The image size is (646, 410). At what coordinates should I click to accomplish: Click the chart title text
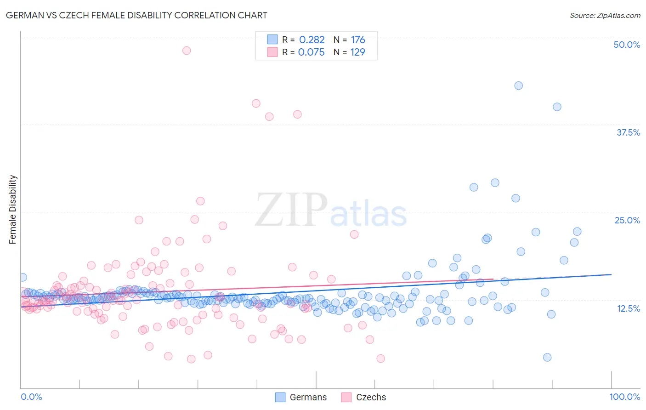pyautogui.click(x=136, y=15)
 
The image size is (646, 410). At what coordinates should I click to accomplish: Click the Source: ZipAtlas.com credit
pyautogui.click(x=605, y=15)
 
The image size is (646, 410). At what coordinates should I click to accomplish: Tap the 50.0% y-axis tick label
pyautogui.click(x=627, y=45)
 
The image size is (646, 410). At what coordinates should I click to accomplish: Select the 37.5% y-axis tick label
pyautogui.click(x=628, y=132)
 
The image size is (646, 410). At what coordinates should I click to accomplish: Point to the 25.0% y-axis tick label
pyautogui.click(x=627, y=220)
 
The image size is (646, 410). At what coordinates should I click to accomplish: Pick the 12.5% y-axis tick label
pyautogui.click(x=628, y=308)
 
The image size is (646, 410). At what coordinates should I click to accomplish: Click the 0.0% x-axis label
pyautogui.click(x=31, y=397)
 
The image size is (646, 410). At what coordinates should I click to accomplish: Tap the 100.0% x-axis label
pyautogui.click(x=624, y=397)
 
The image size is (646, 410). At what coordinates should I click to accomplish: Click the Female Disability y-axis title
pyautogui.click(x=13, y=210)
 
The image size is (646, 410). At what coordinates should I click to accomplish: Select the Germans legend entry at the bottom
pyautogui.click(x=301, y=397)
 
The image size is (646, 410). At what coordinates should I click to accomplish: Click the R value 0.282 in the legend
pyautogui.click(x=312, y=40)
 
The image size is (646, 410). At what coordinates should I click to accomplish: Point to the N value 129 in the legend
pyautogui.click(x=357, y=52)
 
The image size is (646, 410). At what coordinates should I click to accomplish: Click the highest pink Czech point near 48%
pyautogui.click(x=187, y=51)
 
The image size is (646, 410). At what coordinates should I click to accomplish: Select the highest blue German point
pyautogui.click(x=518, y=85)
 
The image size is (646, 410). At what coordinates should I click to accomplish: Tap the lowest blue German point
pyautogui.click(x=547, y=357)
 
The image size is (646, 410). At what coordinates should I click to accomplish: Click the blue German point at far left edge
pyautogui.click(x=23, y=277)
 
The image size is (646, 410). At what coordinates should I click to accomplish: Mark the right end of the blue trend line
pyautogui.click(x=611, y=274)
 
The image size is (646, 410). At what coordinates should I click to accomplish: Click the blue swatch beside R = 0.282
pyautogui.click(x=272, y=40)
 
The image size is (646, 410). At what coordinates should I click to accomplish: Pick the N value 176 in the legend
pyautogui.click(x=358, y=40)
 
